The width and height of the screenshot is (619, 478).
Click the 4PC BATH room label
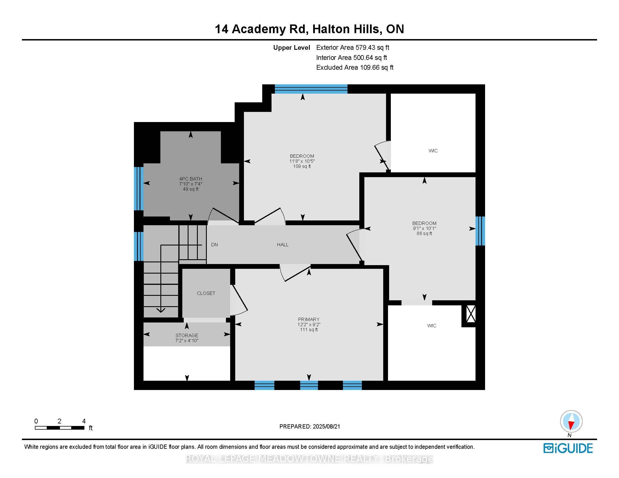click(x=190, y=179)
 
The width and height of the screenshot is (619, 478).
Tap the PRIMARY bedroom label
click(x=309, y=319)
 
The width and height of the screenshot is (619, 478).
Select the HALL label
click(x=282, y=245)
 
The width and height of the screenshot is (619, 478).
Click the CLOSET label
click(x=206, y=293)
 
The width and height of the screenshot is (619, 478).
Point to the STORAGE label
click(x=187, y=335)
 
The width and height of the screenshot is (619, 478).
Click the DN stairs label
click(x=215, y=245)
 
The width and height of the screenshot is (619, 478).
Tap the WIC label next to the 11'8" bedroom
click(x=433, y=151)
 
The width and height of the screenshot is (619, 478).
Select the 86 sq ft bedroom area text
click(x=424, y=234)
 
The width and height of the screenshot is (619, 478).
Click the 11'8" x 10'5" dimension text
click(x=302, y=161)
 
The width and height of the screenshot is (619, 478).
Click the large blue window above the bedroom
click(x=311, y=89)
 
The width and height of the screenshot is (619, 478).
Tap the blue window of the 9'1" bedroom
click(x=480, y=231)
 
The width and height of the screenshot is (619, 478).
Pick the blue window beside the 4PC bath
click(x=139, y=188)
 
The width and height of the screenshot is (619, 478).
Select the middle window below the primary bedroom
click(x=309, y=385)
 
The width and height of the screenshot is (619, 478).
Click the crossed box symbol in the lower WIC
click(x=471, y=314)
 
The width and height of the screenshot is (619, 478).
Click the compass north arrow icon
click(x=571, y=422)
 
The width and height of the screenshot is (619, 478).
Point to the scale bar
click(x=60, y=428)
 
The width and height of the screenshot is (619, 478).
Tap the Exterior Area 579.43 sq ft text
click(x=353, y=48)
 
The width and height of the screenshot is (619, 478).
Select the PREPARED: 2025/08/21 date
click(x=309, y=427)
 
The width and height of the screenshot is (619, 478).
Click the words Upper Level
click(x=291, y=48)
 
